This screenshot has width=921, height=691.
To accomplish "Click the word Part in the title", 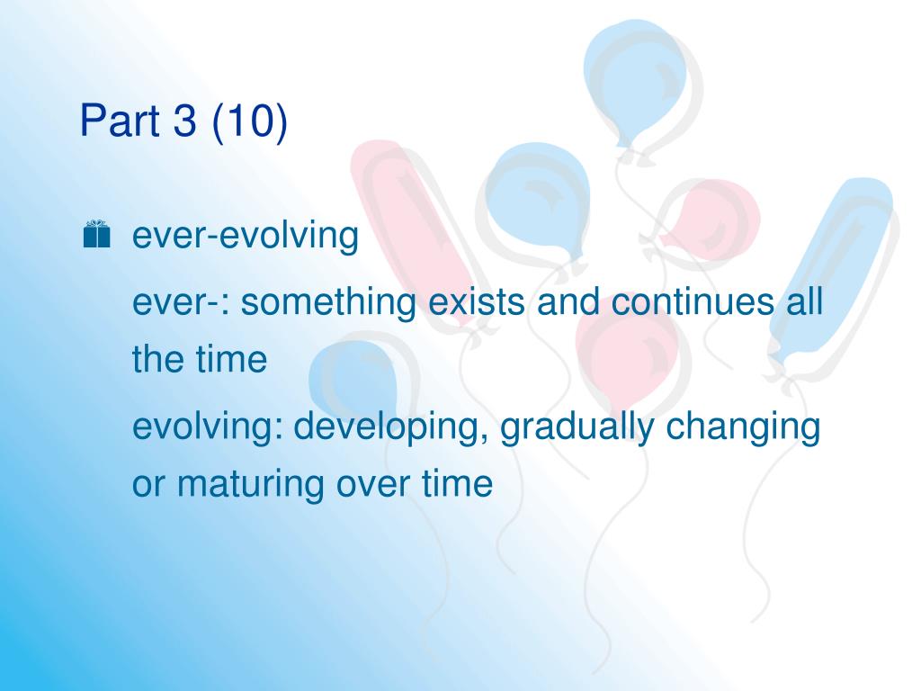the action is click(120, 120).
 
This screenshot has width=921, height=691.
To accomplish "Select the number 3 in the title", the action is click(185, 120).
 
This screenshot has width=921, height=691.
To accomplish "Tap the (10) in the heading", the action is click(250, 121).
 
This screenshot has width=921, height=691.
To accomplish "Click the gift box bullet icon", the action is click(96, 234).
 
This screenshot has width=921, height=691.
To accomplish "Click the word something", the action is click(328, 302).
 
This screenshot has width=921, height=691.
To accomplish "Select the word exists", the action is click(477, 301).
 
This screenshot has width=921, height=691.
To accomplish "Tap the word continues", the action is click(693, 301).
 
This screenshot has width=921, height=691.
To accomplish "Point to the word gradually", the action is click(577, 427).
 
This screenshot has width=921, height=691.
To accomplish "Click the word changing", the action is click(743, 427).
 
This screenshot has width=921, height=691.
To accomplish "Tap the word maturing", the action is click(250, 485).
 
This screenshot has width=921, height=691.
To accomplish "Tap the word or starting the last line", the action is click(148, 486).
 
